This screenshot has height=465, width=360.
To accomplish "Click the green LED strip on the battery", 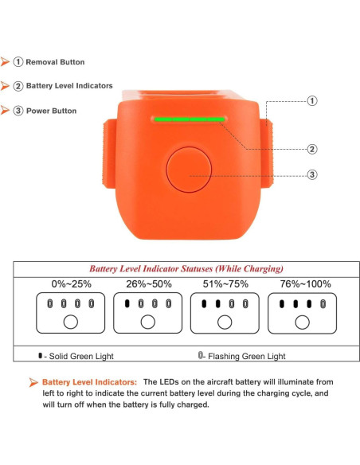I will pyautogui.click(x=190, y=119).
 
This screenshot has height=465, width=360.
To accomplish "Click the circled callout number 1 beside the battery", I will pyautogui.click(x=312, y=101).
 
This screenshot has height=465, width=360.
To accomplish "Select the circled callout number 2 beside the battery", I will pyautogui.click(x=312, y=149).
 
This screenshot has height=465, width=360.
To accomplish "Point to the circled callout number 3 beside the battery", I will pyautogui.click(x=312, y=175).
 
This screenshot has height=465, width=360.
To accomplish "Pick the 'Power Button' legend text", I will pyautogui.click(x=51, y=111).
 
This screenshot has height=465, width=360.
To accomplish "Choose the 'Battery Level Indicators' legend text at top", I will pyautogui.click(x=68, y=86).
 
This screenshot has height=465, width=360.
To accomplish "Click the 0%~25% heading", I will pyautogui.click(x=70, y=284).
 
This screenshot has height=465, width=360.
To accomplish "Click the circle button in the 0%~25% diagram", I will pyautogui.click(x=70, y=322).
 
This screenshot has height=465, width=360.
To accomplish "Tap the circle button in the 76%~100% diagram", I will pyautogui.click(x=301, y=322).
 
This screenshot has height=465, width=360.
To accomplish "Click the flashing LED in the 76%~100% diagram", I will pyautogui.click(x=323, y=303).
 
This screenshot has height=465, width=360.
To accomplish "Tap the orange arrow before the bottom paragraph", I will pyautogui.click(x=33, y=383).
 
